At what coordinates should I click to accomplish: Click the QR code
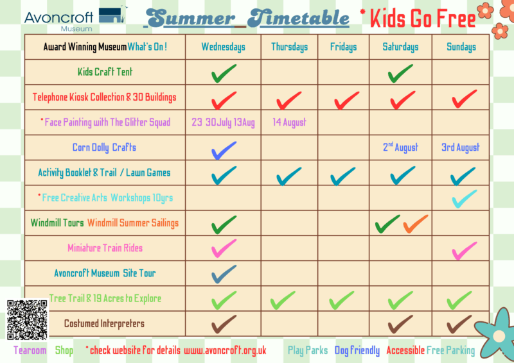(x=28, y=320)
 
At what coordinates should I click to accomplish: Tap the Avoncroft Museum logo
(x=76, y=19)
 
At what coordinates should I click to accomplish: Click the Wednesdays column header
(x=223, y=47)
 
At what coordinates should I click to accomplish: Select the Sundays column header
(x=461, y=47)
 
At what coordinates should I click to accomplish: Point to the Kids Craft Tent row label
(x=105, y=72)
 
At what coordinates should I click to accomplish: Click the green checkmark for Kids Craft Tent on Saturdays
(x=400, y=73)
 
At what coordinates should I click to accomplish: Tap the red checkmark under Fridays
(x=346, y=100)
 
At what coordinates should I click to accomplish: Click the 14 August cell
(x=289, y=122)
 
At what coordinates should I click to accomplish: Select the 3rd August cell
(x=460, y=148)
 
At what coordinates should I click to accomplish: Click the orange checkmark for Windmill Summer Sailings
(x=415, y=224)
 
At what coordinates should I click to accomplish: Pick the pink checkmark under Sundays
(x=465, y=251)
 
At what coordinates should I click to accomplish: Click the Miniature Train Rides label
(x=105, y=248)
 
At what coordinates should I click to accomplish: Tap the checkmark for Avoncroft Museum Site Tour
(x=224, y=274)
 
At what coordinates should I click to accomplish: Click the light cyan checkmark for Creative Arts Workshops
(x=465, y=199)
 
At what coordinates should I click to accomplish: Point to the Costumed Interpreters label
(x=104, y=324)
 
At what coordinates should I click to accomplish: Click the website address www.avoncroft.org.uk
(x=225, y=351)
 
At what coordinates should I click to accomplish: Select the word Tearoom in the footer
(x=30, y=351)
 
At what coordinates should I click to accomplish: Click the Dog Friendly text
(x=357, y=351)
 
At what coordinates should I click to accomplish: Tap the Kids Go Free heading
(x=422, y=19)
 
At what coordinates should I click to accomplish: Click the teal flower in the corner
(x=497, y=335)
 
